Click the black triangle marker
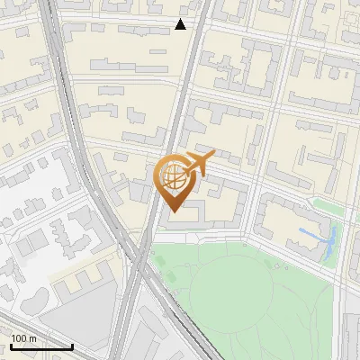181,24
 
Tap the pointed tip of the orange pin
172,211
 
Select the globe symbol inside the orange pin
171,176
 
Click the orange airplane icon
199,163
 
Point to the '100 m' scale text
23,338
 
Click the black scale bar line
41,346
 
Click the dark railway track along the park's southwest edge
180,315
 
